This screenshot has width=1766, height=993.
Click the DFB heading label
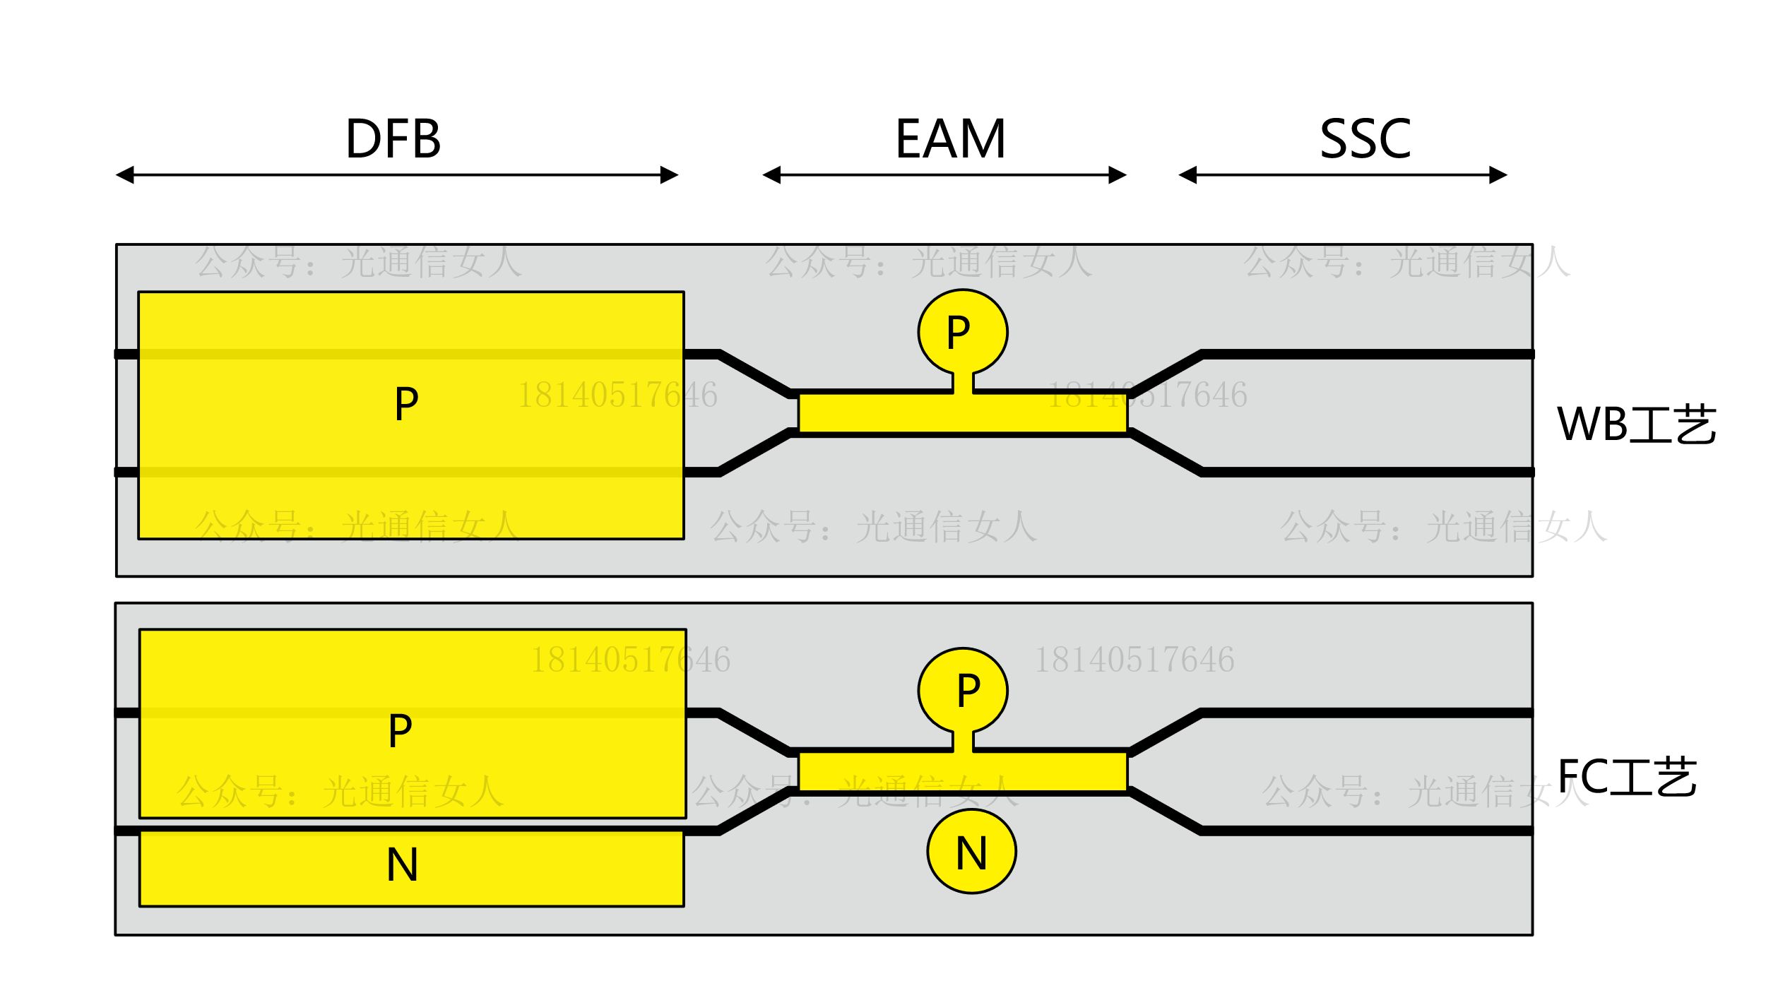point(393,138)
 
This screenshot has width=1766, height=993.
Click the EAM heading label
point(950,138)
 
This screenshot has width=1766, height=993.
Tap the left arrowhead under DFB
point(125,175)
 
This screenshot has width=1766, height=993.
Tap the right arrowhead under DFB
point(669,175)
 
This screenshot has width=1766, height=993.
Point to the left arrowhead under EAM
point(772,175)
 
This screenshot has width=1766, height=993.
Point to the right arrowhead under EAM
point(1118,175)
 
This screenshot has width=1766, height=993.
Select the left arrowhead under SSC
point(1187,175)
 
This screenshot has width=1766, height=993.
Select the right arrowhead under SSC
point(1498,175)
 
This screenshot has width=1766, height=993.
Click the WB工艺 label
point(1636,424)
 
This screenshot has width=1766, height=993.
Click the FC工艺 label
point(1627,776)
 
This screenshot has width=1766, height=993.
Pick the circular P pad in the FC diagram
point(962,690)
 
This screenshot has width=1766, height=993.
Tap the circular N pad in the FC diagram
point(971,852)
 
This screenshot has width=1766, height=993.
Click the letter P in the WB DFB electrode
point(406,404)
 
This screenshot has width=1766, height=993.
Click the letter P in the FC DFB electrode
point(400,730)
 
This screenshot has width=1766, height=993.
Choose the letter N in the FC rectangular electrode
point(403,864)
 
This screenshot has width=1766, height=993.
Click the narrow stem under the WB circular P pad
point(963,383)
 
